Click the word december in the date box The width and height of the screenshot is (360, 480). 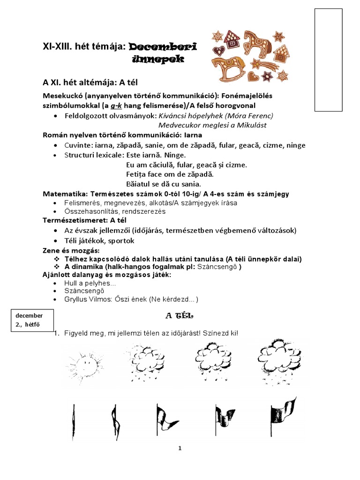click(x=29, y=315)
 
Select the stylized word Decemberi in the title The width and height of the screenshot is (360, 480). click(x=162, y=46)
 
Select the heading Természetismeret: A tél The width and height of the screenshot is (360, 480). click(x=85, y=220)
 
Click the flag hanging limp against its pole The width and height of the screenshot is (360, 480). click(x=74, y=415)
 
